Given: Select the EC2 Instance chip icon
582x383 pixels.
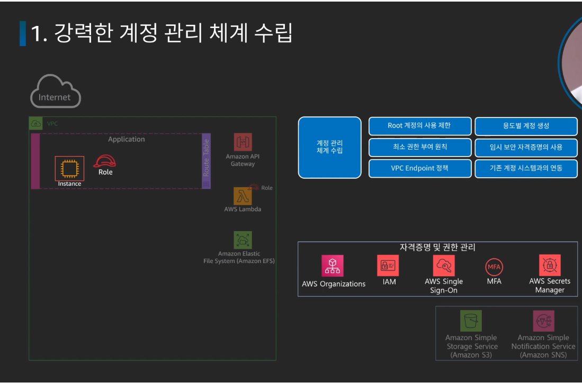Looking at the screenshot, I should coord(69,168).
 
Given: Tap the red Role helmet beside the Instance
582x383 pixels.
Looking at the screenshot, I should coord(105,161).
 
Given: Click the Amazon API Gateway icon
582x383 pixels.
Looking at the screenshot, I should coord(243,142).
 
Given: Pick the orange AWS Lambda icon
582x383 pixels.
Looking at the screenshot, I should coord(243,196).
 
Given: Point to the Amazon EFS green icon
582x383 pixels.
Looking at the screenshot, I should coord(243,240).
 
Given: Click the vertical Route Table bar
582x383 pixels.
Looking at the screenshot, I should coord(207,161).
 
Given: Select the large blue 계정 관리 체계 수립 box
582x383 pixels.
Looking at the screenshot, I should coord(329,147).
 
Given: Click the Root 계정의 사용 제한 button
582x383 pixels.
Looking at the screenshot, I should coord(419,126).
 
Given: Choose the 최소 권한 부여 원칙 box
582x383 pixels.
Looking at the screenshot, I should coord(419,147).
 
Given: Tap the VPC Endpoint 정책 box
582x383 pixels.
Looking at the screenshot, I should coord(419,168).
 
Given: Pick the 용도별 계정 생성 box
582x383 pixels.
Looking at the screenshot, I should coord(526,126).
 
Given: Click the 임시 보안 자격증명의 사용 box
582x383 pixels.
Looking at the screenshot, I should coord(526,147).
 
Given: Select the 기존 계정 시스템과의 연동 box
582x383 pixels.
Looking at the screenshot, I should coord(526,168).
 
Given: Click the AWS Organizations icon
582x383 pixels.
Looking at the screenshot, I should coord(333,266).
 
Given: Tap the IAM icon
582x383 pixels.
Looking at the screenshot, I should coord(388,265).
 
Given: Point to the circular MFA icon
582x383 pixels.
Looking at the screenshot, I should coord(494,267).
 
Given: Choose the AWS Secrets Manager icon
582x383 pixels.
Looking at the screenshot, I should coord(550,265).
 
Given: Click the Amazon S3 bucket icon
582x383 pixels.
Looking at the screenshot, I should coord(471,321).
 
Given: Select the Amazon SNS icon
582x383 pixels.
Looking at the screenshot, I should coord(543,321).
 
